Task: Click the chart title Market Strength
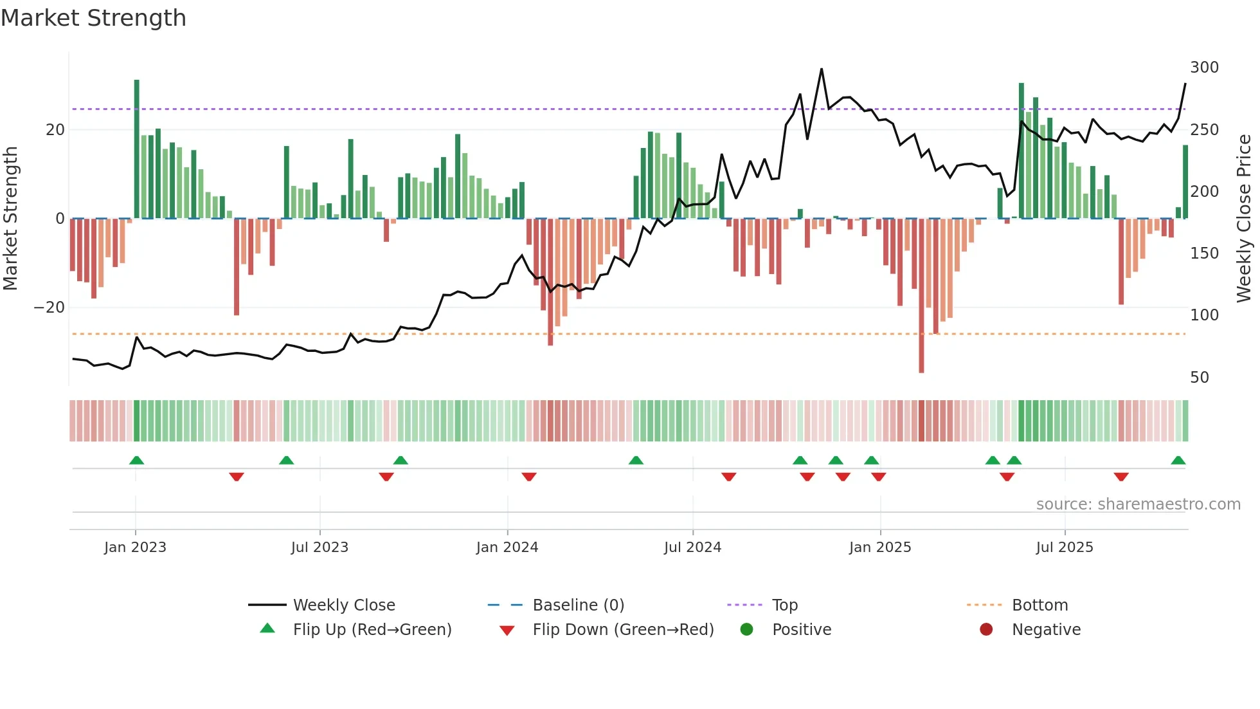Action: [93, 18]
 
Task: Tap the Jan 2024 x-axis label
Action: [507, 548]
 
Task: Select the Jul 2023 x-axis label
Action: [319, 548]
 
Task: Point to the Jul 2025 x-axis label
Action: [1064, 548]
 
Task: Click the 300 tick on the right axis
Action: [1204, 68]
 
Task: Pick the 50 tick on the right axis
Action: [1200, 378]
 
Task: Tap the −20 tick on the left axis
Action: [50, 308]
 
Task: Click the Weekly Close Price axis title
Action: [1244, 219]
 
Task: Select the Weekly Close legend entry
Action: [344, 605]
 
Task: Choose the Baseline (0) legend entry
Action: [578, 605]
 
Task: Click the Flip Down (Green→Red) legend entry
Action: [623, 630]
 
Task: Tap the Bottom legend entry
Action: [1039, 605]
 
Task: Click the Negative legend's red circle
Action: [986, 630]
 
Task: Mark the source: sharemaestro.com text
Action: [1138, 504]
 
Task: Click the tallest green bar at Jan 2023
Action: [137, 148]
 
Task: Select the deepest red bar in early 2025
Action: [921, 296]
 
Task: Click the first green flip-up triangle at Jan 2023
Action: [136, 461]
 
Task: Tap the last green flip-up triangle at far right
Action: [1178, 461]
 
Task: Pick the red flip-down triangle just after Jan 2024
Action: [529, 477]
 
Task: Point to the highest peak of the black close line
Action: [822, 69]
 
